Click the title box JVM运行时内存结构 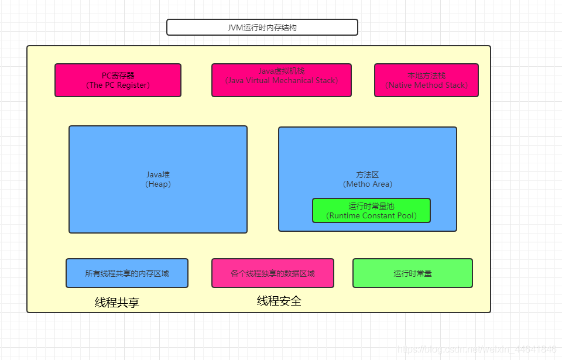tap(262, 28)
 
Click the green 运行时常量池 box tap(371, 211)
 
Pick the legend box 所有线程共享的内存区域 tap(127, 273)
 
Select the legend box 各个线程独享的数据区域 tap(273, 273)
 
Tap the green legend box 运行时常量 tap(413, 273)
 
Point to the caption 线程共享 tap(117, 303)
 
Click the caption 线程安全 tap(279, 301)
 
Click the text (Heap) tap(158, 184)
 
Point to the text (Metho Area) tap(368, 184)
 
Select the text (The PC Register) tap(118, 85)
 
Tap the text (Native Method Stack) tap(427, 85)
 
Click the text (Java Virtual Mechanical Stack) tap(282, 80)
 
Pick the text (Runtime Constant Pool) tap(372, 215)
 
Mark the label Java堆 tap(158, 174)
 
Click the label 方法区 tap(368, 174)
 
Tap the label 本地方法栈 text tap(427, 76)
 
